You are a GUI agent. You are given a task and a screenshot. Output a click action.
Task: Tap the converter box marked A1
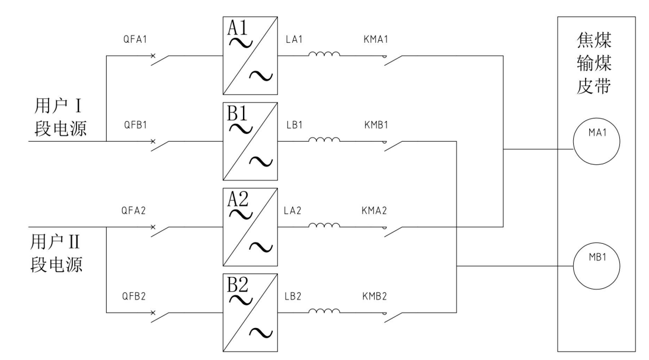point(249,56)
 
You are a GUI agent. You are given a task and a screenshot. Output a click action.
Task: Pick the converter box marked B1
point(249,142)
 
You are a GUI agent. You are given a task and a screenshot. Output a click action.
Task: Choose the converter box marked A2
point(249,227)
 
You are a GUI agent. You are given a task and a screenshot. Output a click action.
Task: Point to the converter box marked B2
point(249,312)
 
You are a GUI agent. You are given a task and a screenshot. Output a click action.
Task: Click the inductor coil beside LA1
point(324,56)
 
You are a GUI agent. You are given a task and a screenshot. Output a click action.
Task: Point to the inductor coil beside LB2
point(324,311)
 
